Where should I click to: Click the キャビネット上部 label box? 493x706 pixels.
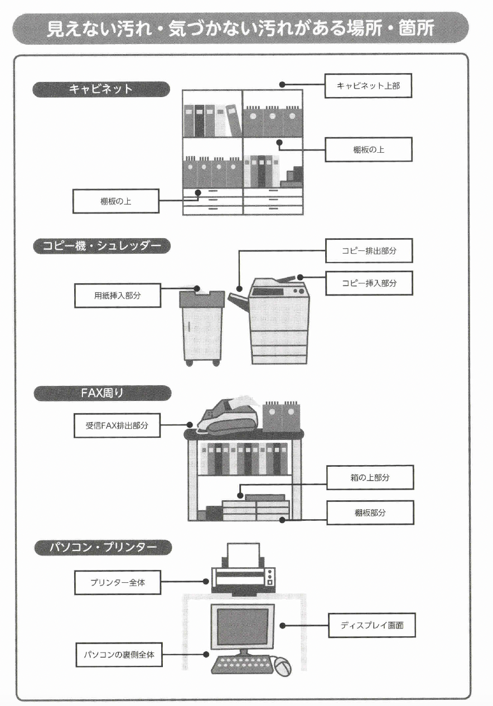coord(368,86)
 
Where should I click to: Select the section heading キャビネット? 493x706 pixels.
coord(101,89)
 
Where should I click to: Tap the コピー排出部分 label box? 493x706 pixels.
coord(369,252)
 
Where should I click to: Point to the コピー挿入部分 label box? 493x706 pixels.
coord(369,283)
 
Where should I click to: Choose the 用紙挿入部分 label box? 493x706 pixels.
coord(118,296)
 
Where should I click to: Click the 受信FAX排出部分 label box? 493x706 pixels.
coord(117,425)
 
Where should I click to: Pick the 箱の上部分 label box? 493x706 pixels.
coord(370,478)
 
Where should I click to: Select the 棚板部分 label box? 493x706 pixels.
coord(370,512)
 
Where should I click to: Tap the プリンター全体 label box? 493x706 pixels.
coord(118,583)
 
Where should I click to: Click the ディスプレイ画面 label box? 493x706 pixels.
coord(372,626)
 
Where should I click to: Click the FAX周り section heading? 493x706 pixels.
coord(102,393)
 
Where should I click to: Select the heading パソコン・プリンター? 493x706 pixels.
coord(103,548)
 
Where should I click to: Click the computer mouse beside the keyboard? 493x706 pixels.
coord(282,666)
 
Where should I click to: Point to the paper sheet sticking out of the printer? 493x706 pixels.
coord(243,554)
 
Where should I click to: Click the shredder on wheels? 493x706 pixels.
coord(201,327)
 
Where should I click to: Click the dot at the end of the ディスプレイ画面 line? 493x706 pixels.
coord(283,626)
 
